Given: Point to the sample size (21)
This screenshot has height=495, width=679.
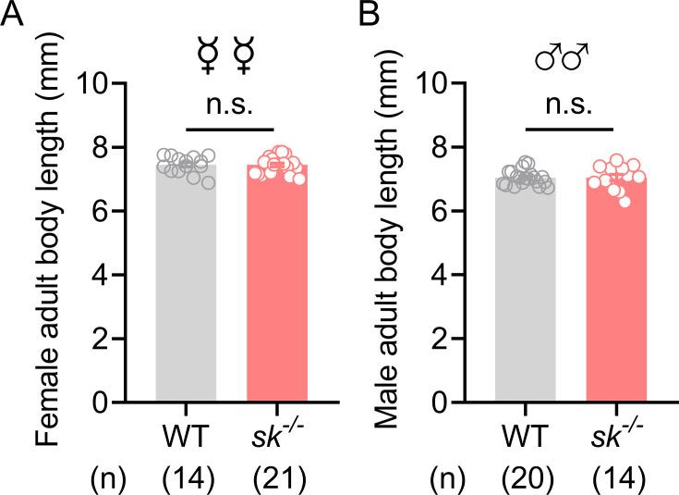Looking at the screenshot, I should pos(276,476).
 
